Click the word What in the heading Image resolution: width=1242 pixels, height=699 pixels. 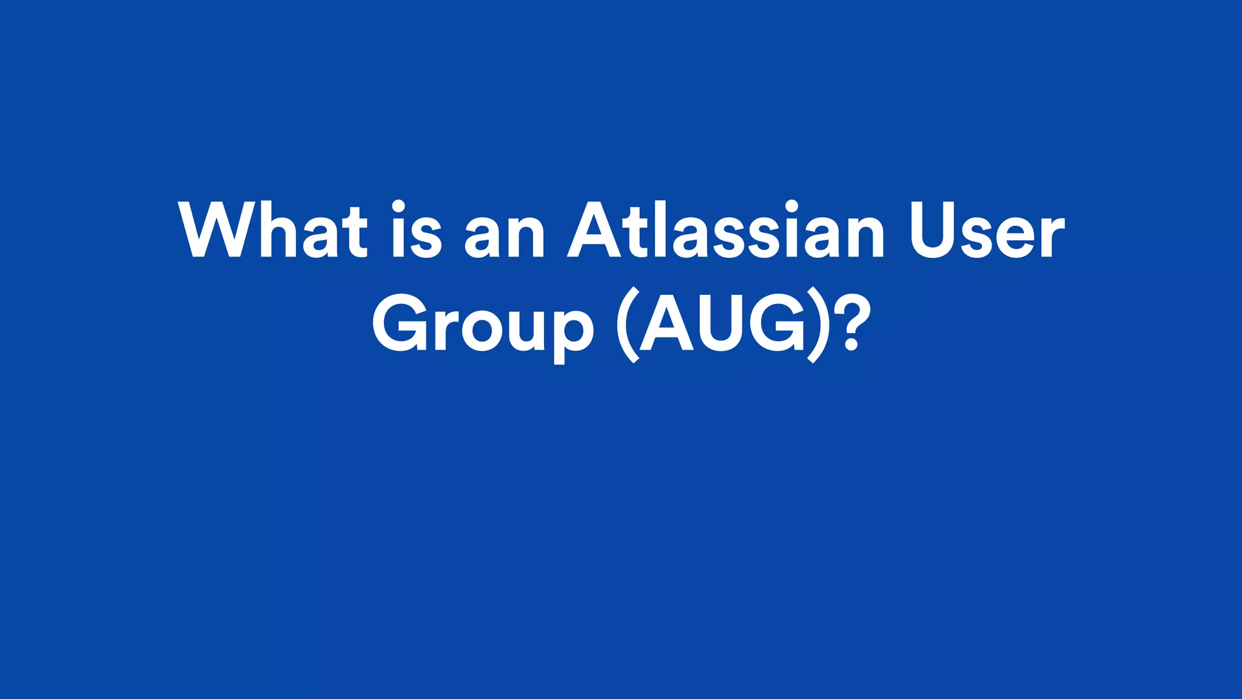[273, 229]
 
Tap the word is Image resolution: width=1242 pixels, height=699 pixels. [416, 229]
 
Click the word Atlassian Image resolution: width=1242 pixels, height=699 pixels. [726, 229]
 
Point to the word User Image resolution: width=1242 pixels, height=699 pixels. [987, 229]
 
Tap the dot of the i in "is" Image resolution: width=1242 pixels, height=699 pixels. [398, 204]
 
